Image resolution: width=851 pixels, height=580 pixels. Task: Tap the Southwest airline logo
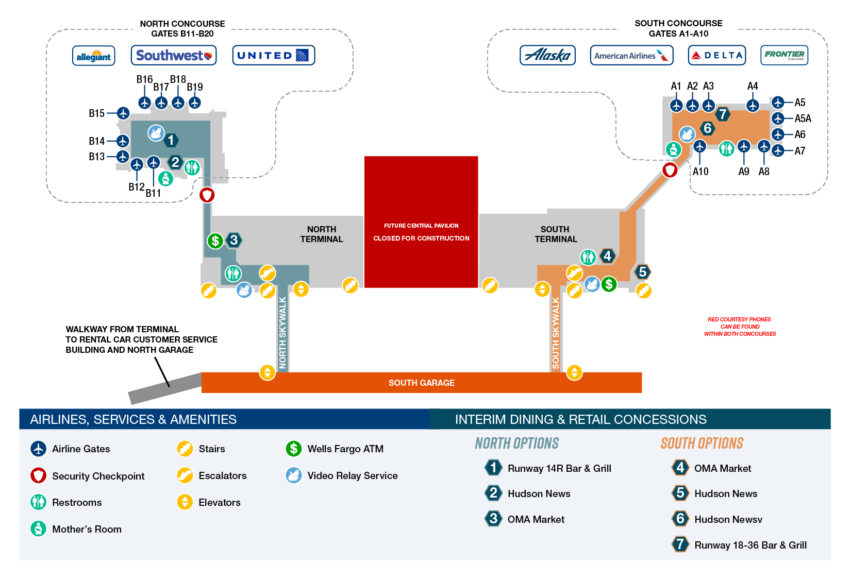tap(174, 56)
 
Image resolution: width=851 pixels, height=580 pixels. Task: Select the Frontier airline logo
tap(784, 55)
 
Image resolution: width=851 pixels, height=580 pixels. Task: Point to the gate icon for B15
tap(123, 113)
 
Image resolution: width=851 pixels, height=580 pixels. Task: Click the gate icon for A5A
tap(778, 118)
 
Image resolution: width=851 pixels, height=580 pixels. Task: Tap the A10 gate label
tap(700, 172)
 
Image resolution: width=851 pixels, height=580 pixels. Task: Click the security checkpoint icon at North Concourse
tap(207, 195)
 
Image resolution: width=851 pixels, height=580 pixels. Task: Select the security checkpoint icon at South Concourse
tap(670, 169)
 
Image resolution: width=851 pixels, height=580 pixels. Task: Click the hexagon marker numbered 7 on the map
tap(723, 114)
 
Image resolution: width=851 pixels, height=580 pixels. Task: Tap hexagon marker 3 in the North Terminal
tap(234, 240)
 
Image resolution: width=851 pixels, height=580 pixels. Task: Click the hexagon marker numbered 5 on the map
tap(642, 271)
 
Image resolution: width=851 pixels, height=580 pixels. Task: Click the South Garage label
tap(421, 383)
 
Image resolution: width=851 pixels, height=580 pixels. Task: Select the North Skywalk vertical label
tap(282, 332)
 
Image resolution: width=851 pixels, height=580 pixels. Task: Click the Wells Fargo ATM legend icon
tap(293, 449)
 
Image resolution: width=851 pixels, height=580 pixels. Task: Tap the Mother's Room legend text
tap(87, 529)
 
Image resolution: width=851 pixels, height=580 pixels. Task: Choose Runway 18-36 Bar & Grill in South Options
tap(750, 545)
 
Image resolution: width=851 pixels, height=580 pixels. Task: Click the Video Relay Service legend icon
tap(293, 475)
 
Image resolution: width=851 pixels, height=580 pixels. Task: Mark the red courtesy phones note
tap(740, 327)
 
